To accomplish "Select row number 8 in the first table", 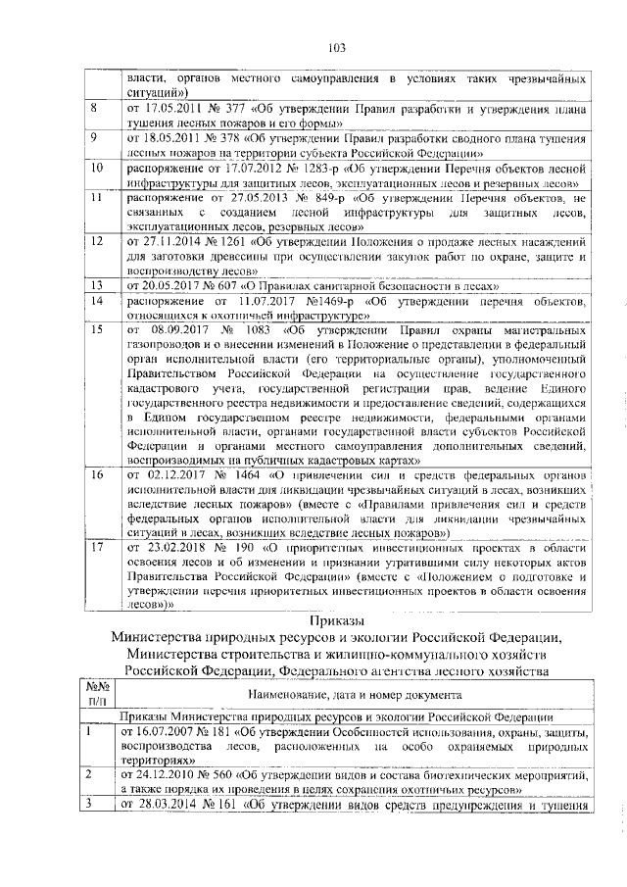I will [94, 107].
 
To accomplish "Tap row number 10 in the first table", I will [96, 169].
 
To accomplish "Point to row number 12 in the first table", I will [96, 240].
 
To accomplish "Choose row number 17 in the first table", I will [96, 548].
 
